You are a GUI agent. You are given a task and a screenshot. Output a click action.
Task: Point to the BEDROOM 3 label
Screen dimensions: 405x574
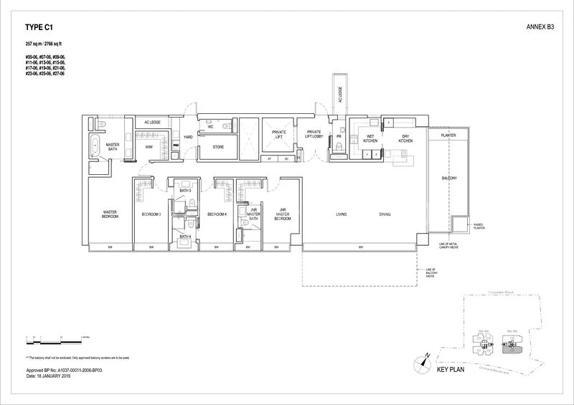(151, 214)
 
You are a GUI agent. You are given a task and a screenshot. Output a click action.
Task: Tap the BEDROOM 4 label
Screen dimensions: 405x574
(217, 214)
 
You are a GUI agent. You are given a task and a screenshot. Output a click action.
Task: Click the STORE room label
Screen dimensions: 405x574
(213, 149)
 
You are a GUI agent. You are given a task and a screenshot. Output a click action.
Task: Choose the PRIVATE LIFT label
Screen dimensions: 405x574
(279, 134)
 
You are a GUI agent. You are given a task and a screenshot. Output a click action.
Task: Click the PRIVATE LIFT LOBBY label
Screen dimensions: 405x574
(314, 134)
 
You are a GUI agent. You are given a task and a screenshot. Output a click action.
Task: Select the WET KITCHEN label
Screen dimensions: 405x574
(371, 139)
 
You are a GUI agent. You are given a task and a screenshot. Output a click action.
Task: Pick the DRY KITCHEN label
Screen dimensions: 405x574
(405, 139)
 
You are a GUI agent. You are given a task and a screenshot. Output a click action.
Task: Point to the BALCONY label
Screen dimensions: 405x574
(450, 178)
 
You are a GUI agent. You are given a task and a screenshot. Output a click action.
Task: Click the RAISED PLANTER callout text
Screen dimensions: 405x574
(478, 227)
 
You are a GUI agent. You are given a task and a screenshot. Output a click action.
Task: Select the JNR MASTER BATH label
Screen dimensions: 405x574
(253, 214)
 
